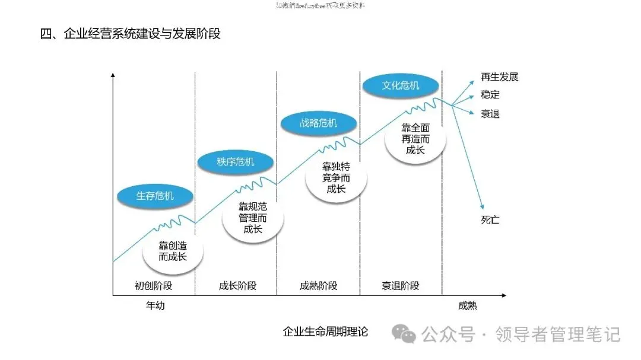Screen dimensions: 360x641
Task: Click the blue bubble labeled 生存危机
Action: pos(155,196)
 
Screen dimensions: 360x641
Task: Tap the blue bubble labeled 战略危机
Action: pos(318,123)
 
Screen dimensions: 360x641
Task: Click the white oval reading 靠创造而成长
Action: pos(173,251)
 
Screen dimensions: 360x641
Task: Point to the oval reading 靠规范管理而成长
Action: pos(253,218)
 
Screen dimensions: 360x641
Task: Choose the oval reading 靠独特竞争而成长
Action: pos(336,178)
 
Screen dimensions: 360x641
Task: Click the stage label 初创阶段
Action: pos(153,285)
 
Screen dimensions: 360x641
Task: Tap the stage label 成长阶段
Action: pos(236,285)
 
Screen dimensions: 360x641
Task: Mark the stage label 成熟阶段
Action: pos(318,285)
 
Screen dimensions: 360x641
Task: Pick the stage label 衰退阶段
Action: pos(401,285)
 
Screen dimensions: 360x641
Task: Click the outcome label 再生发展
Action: pos(500,77)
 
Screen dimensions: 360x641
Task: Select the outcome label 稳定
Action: pos(490,95)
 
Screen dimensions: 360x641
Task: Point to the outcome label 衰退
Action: pos(490,113)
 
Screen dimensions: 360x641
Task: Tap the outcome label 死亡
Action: pos(490,220)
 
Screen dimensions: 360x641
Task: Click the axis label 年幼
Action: pos(156,307)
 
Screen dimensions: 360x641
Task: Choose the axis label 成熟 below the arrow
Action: pos(468,307)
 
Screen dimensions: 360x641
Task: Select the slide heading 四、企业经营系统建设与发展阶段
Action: pos(130,34)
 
